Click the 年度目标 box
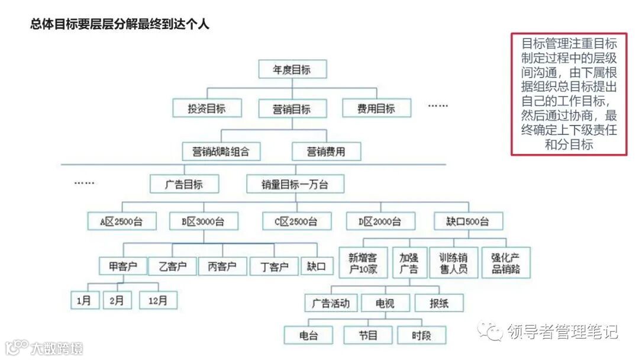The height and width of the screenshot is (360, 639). pos(292,70)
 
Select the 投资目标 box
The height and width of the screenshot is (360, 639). pos(207,108)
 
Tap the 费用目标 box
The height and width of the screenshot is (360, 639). pos(376,108)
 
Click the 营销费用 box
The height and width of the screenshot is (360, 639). pos(326,151)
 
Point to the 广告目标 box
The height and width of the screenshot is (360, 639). pos(184,184)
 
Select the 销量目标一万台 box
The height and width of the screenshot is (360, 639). pos(295,184)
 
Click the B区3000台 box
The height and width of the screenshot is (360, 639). pos(203,221)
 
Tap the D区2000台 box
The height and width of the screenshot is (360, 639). pos(380,221)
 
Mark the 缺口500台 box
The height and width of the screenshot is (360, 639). pos(467,221)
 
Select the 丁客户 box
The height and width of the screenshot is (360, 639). pos(274,266)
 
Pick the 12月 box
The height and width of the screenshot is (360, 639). pos(158,300)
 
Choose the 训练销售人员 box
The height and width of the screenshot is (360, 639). pos(453,263)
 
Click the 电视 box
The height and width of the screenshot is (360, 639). pos(385,304)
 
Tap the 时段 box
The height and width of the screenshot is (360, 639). pos(421,336)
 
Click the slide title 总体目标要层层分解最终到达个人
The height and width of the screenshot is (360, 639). pos(120,24)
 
